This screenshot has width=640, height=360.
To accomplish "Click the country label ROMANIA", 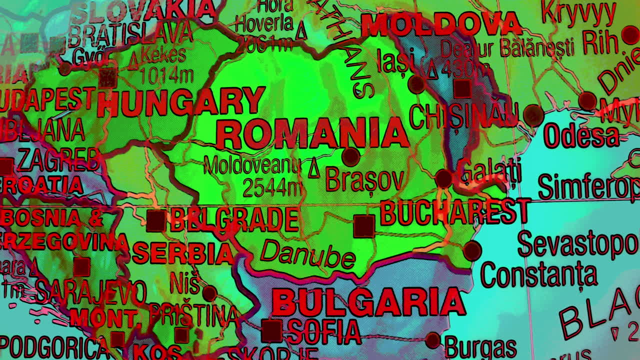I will point(312,134).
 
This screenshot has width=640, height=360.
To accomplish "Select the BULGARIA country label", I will point(368,302).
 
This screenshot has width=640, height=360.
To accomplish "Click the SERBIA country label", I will point(183,253).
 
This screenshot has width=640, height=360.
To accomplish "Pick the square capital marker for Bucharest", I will point(364,226).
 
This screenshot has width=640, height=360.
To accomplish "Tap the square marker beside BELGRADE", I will point(155,221).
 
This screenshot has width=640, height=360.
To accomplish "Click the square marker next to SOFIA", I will point(272,331).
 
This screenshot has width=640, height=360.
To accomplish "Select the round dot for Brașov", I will point(350,156).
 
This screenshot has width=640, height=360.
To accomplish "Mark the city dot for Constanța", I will point(472,250).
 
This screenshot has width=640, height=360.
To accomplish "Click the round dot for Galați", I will point(443,178).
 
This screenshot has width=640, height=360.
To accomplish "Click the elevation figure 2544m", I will point(273,187).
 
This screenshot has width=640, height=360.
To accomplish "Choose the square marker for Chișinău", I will point(462,88).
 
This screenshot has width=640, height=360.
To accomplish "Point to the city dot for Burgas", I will point(433,340).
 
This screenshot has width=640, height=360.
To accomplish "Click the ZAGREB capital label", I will point(59,161).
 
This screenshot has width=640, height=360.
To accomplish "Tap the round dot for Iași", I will point(416,84).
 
